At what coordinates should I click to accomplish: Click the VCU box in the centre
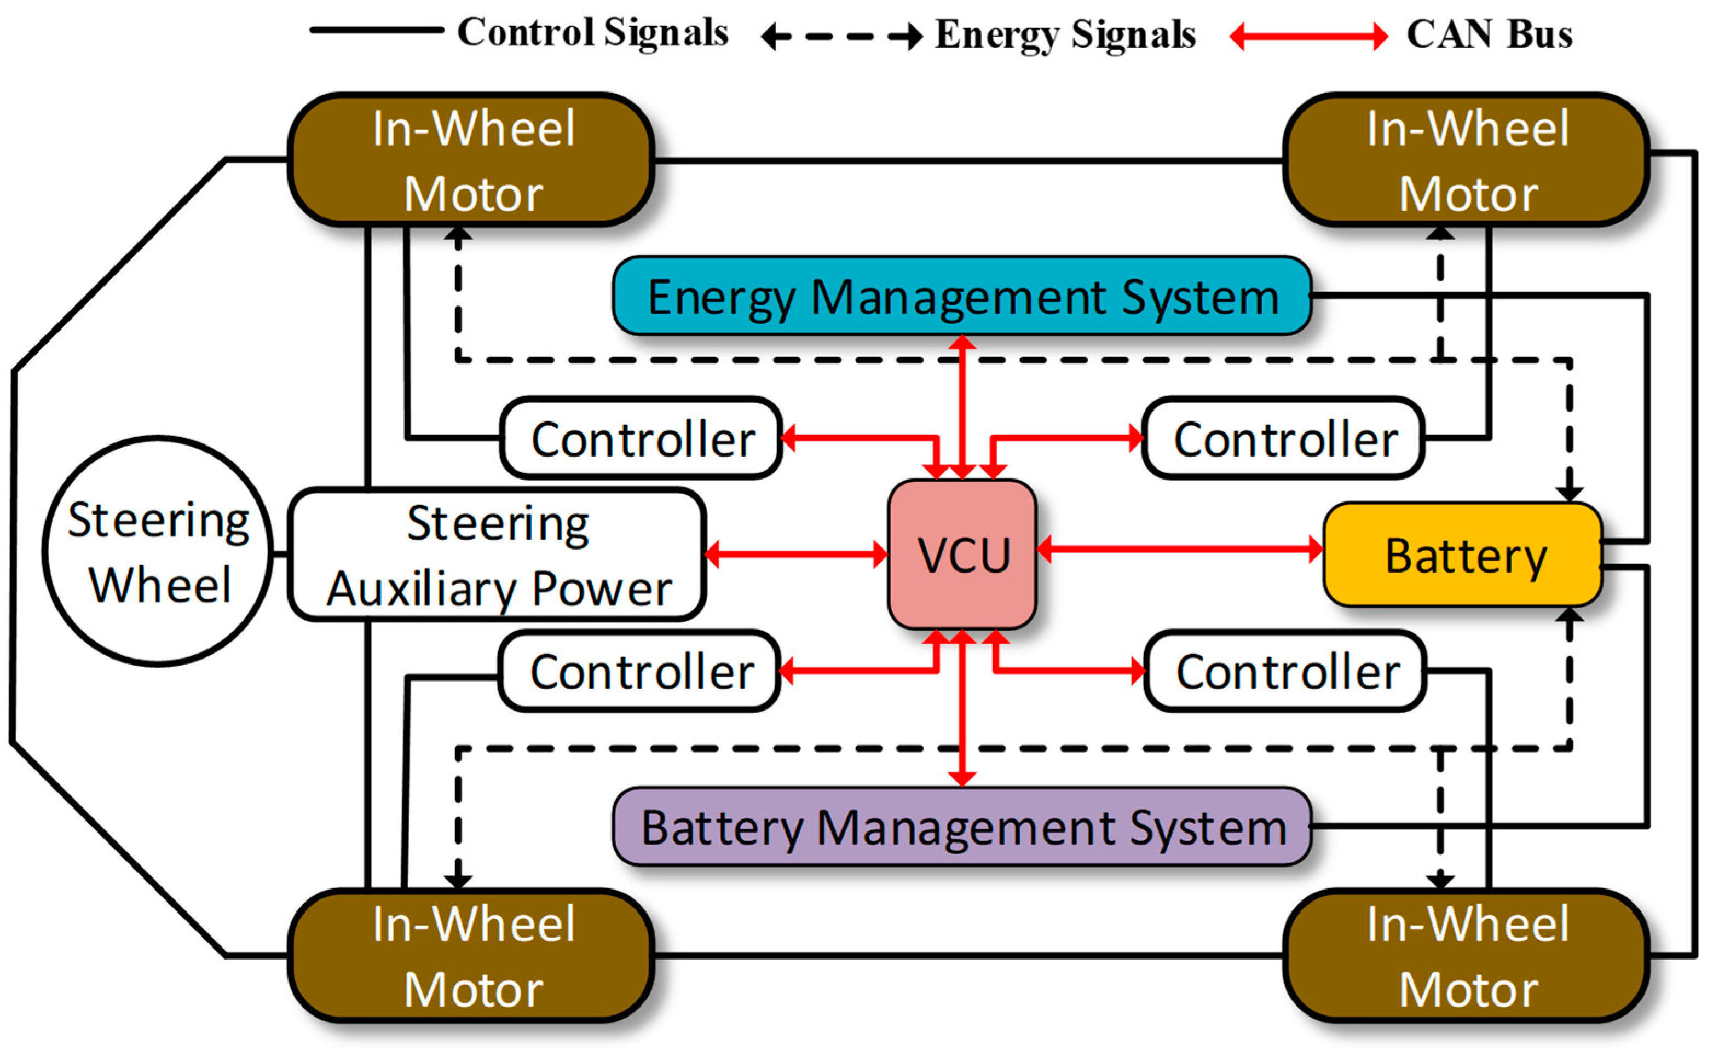(962, 555)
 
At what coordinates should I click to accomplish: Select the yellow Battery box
(1463, 555)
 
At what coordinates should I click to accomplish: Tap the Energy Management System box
(962, 297)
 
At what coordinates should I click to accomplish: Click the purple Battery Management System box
(962, 827)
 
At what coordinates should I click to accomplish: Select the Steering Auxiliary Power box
(498, 555)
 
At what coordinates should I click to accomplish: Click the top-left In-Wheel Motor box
(472, 160)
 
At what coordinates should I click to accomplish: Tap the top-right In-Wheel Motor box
(1467, 160)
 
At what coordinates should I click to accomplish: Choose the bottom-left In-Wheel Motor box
(472, 956)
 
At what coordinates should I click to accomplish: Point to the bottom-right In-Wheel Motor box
(1467, 956)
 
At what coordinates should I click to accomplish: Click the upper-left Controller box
(641, 438)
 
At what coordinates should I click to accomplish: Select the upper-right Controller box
(1283, 438)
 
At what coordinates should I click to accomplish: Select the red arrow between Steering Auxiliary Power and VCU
(796, 555)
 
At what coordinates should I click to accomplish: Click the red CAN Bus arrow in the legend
(1308, 36)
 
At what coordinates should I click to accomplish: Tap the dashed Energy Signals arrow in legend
(843, 36)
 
